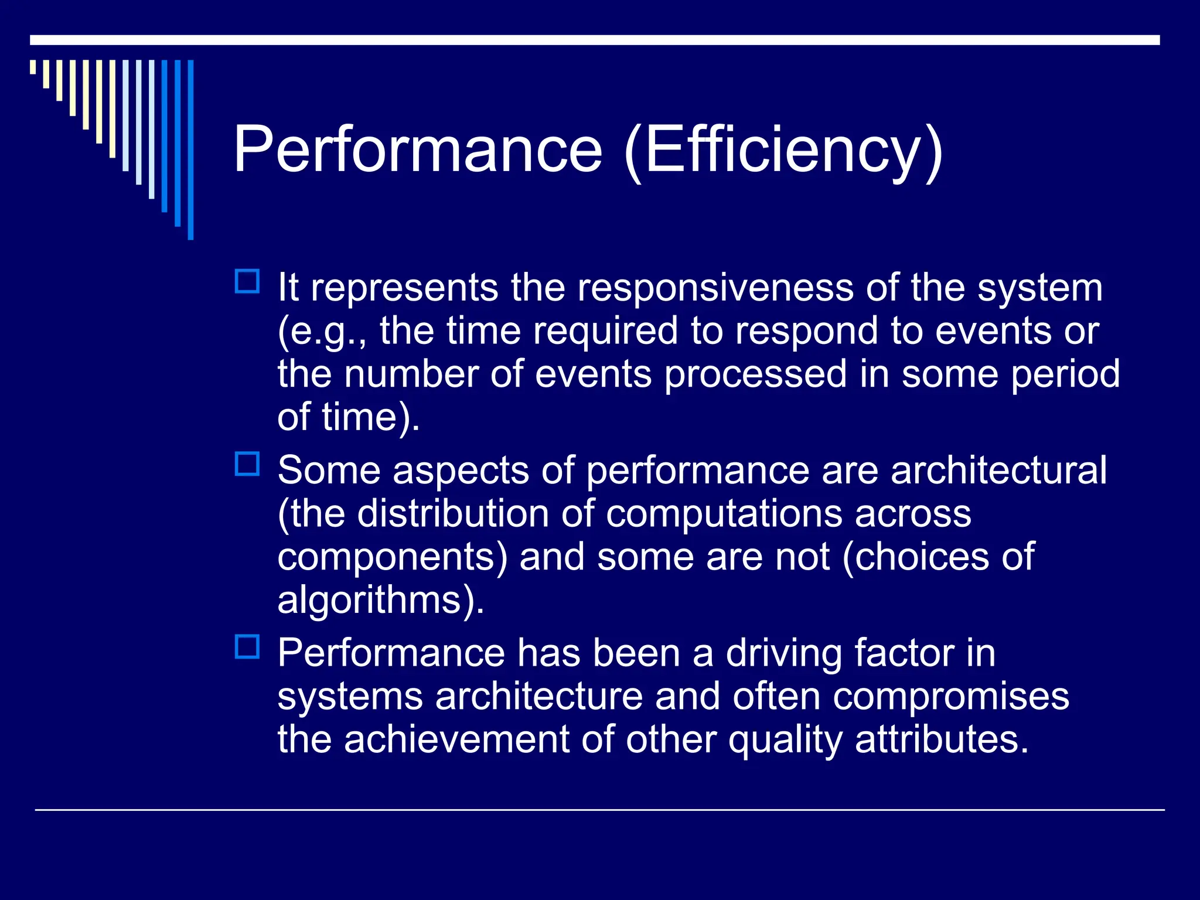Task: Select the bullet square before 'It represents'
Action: (247, 281)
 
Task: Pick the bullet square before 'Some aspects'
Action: (247, 464)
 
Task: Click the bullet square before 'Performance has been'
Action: (247, 647)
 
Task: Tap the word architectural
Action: (998, 470)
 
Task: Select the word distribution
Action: (453, 513)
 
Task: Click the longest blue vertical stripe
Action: (190, 149)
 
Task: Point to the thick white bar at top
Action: (595, 40)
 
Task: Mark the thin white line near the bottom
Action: (599, 810)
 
